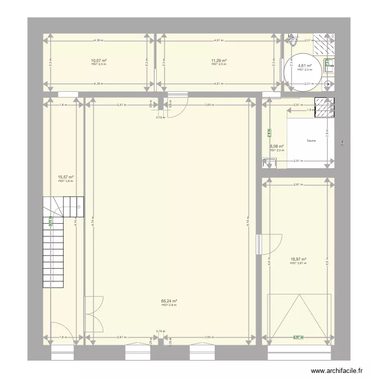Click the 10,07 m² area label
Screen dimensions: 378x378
(99, 60)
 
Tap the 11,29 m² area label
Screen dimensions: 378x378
(219, 60)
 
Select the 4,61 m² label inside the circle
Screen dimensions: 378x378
(304, 66)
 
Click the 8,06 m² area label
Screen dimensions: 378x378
(277, 146)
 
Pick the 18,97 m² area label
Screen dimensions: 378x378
(298, 260)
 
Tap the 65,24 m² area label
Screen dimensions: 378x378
(168, 301)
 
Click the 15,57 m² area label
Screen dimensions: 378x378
(66, 177)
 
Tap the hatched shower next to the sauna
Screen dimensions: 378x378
(325, 107)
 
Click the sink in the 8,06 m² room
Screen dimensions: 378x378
(270, 162)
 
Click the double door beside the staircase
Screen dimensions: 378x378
(94, 312)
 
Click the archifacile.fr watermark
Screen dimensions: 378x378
(337, 370)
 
